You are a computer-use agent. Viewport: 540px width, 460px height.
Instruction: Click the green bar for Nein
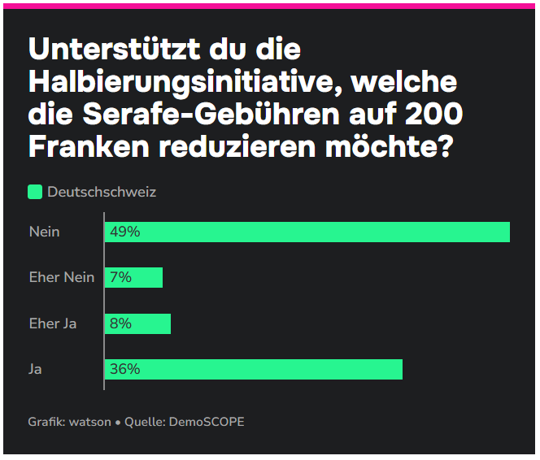click(307, 232)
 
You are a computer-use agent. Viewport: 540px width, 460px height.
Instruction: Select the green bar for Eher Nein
click(134, 277)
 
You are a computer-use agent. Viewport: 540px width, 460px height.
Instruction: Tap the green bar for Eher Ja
click(138, 323)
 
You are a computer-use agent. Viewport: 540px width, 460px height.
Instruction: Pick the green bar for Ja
click(254, 369)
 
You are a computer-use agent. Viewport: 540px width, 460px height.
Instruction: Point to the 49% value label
click(125, 232)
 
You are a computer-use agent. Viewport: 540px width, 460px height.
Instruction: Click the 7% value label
click(121, 277)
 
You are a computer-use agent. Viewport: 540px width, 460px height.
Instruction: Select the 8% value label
click(121, 323)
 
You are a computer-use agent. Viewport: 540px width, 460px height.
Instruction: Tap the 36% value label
click(125, 369)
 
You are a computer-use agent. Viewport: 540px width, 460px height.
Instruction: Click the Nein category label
click(44, 232)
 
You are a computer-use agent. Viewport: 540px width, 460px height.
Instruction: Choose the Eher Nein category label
click(62, 277)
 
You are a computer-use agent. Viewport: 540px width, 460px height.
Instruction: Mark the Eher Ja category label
click(53, 323)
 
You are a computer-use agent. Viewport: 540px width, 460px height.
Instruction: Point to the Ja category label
click(35, 369)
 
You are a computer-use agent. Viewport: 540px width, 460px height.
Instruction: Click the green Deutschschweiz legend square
click(35, 192)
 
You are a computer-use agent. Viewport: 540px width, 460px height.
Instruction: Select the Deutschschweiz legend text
click(102, 192)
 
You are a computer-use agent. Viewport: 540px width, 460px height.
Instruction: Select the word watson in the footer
click(90, 422)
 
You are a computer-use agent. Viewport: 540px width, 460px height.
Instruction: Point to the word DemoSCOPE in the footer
click(207, 422)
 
